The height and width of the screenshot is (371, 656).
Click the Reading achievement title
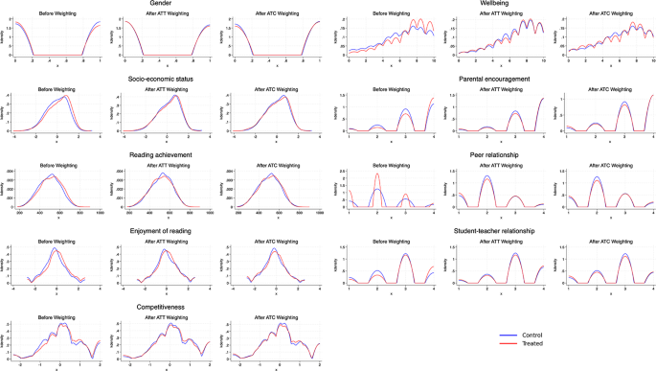pos(168,154)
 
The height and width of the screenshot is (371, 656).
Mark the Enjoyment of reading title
pos(168,230)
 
